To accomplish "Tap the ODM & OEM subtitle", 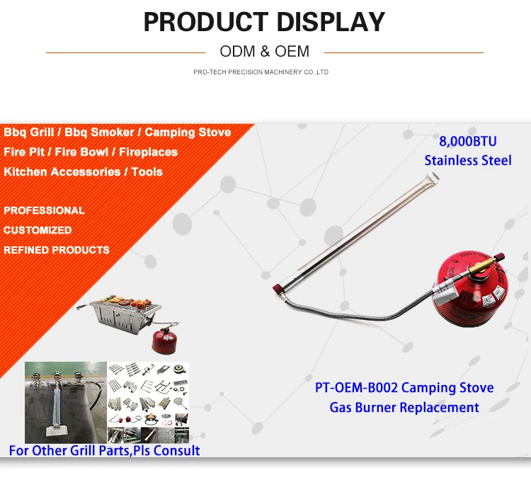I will (x=265, y=52).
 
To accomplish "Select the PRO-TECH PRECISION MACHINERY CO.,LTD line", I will (x=261, y=72).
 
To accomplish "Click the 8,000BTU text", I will (x=468, y=142).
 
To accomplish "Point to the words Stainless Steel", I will (x=468, y=160).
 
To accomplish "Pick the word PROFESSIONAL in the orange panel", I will (x=44, y=210).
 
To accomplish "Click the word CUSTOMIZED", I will (x=38, y=230).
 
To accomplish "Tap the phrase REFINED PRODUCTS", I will (x=57, y=250).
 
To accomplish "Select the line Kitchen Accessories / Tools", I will (x=83, y=172).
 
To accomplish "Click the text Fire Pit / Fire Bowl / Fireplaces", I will (x=91, y=152).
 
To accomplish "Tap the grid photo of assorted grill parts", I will (x=148, y=402).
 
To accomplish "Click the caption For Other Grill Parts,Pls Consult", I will (x=104, y=451).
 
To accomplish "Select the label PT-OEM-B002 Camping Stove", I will (x=404, y=388).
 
